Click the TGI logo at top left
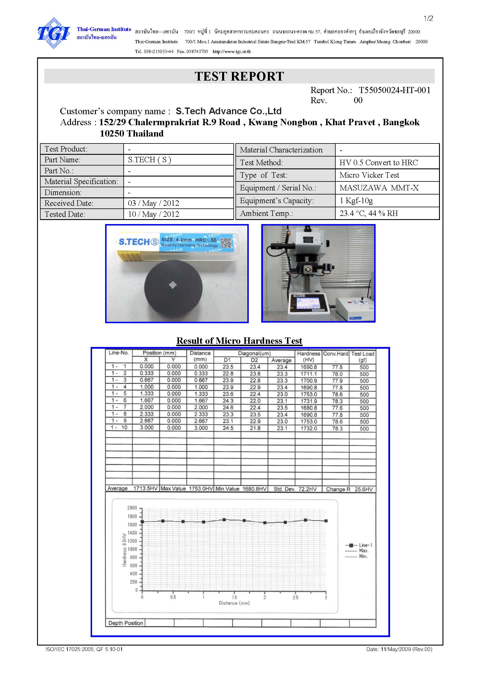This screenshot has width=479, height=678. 53,33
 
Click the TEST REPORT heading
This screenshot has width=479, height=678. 239,76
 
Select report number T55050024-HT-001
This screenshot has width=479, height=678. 394,90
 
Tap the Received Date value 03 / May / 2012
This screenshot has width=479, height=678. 153,203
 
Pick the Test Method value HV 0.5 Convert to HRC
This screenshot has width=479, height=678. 379,162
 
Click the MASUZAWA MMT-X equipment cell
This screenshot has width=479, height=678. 379,188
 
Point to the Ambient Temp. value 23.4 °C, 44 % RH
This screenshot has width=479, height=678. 368,213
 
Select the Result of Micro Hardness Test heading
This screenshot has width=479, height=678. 239,341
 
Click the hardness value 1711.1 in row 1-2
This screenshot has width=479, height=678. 308,374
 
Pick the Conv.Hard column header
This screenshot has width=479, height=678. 336,354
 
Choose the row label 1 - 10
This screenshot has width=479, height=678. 119,428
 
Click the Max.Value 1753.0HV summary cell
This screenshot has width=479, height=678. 187,489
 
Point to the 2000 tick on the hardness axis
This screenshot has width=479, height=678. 132,508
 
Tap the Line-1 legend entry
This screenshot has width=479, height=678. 359,545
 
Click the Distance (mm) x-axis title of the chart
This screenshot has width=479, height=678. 234,603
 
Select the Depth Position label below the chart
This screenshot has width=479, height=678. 126,623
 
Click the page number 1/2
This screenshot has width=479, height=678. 428,19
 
